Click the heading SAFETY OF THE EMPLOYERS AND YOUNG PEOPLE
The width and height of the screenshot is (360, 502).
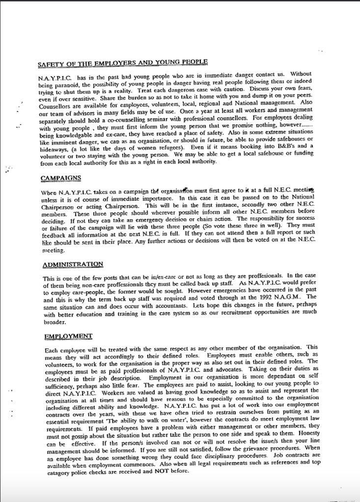[x=122, y=63]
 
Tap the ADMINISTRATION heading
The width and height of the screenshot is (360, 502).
[x=73, y=264]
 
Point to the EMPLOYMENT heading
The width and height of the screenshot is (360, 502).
[x=68, y=336]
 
